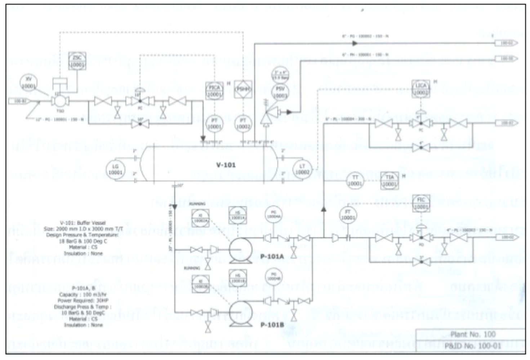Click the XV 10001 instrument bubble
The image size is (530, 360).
[x=28, y=83]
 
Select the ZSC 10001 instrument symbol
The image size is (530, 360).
[x=77, y=61]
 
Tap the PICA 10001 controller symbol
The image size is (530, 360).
[x=214, y=91]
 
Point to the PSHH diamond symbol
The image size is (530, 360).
[x=243, y=89]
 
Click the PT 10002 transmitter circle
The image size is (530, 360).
[x=243, y=124]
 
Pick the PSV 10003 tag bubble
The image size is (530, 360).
[x=280, y=92]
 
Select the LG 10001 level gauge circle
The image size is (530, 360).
[x=115, y=169]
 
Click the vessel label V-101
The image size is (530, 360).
[x=226, y=165]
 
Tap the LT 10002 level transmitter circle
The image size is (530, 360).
[x=302, y=169]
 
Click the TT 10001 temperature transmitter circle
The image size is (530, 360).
[x=355, y=181]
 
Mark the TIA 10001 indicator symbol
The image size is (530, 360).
[x=389, y=181]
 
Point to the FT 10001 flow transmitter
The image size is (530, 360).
[x=348, y=215]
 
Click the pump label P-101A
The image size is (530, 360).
[x=272, y=257]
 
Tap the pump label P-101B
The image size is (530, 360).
[x=272, y=325]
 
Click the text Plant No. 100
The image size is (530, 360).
[x=473, y=334]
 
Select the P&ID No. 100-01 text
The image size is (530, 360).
[x=473, y=346]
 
